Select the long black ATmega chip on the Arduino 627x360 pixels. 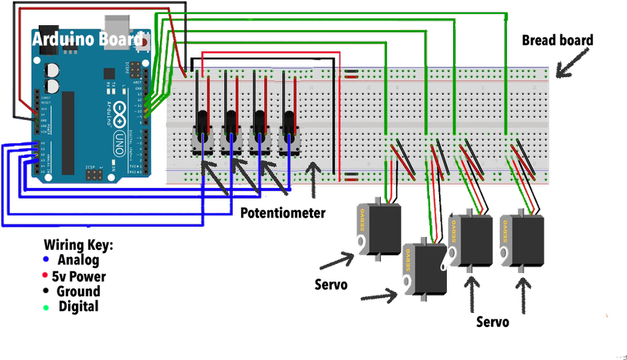[x=68, y=133]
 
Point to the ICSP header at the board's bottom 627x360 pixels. [x=94, y=173]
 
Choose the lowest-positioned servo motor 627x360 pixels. [x=425, y=270]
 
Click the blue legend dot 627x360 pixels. [x=46, y=258]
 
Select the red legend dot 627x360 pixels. [x=46, y=275]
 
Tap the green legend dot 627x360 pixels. [x=46, y=307]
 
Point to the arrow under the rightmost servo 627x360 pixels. [x=522, y=295]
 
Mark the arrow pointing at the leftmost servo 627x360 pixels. [x=337, y=261]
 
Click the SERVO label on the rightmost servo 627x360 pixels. [x=505, y=235]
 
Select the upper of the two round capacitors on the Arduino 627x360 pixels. [x=52, y=70]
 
